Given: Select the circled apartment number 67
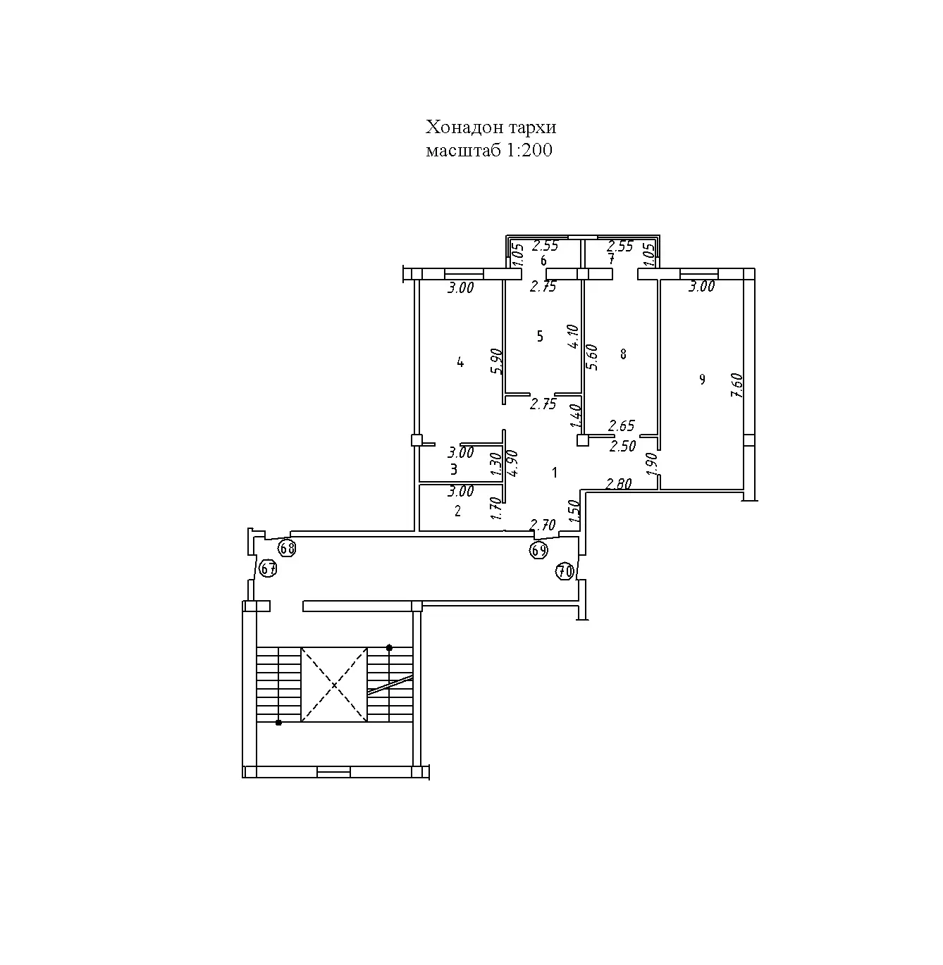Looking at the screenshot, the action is [269, 568].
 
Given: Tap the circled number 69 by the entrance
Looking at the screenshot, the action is [538, 550].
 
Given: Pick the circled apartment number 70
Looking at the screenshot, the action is [565, 572].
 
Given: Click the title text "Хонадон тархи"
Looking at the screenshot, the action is [491, 127].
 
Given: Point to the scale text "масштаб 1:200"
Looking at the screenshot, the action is [489, 150].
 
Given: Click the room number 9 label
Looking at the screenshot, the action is [702, 380].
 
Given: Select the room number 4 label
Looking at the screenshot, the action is [460, 363].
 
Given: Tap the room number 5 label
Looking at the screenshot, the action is [540, 336].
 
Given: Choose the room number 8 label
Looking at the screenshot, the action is [623, 354].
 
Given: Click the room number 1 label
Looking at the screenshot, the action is [555, 473].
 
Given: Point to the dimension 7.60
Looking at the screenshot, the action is [737, 385].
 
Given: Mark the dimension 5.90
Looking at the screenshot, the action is [497, 361].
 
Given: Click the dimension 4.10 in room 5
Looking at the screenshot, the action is [573, 337].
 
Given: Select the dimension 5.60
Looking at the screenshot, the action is [592, 358].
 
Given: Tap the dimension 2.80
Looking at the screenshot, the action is [619, 483].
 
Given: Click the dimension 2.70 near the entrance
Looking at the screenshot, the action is [543, 525].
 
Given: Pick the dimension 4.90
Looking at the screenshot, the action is [513, 463].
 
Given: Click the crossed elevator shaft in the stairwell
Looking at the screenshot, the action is [334, 685].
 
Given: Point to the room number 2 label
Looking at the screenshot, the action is [457, 511].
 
